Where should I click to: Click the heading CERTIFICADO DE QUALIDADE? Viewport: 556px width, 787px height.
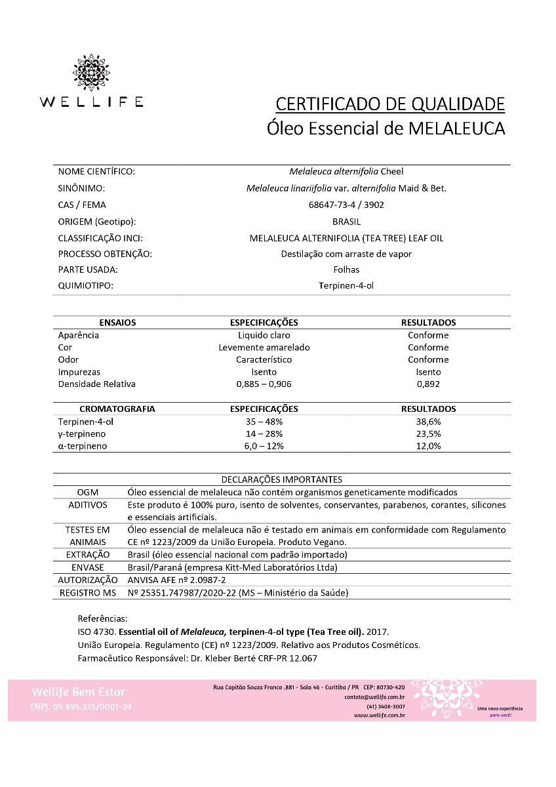click(390, 104)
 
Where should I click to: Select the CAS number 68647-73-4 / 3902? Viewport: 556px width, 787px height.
click(346, 205)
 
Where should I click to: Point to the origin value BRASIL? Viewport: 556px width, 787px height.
click(346, 221)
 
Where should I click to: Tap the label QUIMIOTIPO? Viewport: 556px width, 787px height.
click(86, 285)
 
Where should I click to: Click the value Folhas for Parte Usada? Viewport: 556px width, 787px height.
click(346, 270)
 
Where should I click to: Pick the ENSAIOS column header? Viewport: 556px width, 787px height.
click(117, 323)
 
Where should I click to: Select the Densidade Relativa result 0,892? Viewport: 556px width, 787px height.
click(428, 384)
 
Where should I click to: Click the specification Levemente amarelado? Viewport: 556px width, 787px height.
click(264, 347)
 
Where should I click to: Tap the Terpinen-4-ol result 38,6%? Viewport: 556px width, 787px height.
click(428, 421)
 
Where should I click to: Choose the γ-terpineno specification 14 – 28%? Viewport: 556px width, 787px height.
click(264, 434)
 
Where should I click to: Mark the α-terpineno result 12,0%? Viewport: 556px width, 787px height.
click(428, 446)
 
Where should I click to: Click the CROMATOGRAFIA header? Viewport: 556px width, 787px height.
click(117, 409)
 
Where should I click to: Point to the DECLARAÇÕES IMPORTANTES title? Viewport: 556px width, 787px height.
click(281, 480)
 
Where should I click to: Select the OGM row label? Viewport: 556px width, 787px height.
click(88, 492)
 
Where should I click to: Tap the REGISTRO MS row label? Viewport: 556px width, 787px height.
click(88, 593)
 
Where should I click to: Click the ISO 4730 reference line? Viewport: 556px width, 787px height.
click(233, 632)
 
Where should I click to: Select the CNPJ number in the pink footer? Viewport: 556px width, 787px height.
click(81, 706)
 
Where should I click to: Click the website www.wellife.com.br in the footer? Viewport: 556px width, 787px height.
click(379, 716)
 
